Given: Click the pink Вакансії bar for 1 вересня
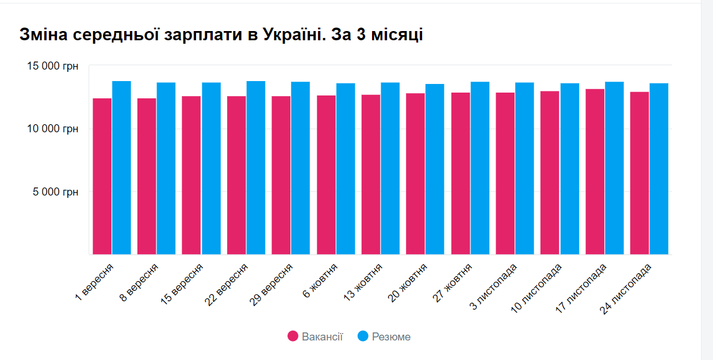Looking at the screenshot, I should point(102,176).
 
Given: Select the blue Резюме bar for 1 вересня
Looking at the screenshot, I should point(121,167).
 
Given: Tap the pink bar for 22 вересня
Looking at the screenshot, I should point(236,175).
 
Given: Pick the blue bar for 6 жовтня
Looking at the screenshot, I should point(346,168).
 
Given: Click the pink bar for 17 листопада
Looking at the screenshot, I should point(595,171).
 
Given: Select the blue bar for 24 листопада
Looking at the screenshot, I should point(659,168).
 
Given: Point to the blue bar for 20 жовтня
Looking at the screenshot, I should point(435,169).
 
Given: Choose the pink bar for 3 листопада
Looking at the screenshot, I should point(505,173).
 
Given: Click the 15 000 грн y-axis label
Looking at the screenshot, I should point(53,66).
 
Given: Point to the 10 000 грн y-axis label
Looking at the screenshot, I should point(53,129).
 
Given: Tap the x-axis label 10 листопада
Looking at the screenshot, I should point(536,288).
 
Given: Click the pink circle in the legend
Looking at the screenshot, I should point(293,336).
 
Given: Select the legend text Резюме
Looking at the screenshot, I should point(391,336).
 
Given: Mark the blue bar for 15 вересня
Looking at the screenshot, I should point(211,168).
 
